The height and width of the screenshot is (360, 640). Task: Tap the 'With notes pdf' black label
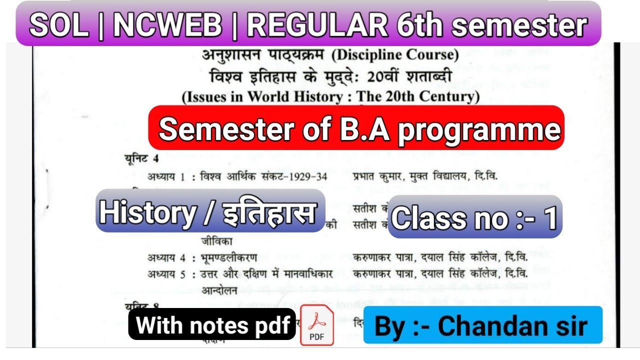(x=212, y=325)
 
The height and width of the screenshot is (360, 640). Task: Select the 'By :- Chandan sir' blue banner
(x=482, y=325)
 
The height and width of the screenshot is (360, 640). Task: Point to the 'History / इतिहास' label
(x=210, y=211)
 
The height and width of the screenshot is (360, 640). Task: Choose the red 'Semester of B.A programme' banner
(x=356, y=128)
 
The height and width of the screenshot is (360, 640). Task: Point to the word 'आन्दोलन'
(x=219, y=290)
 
